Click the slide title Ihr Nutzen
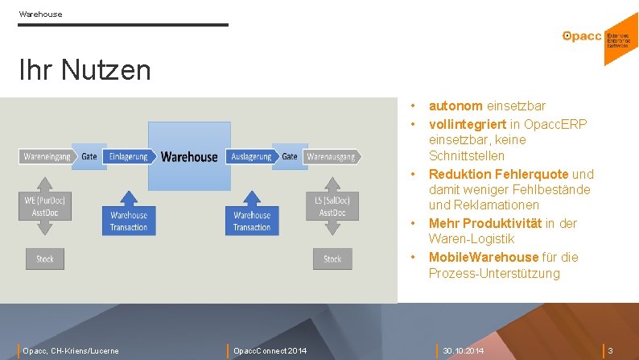pyautogui.click(x=85, y=70)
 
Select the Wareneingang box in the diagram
pyautogui.click(x=46, y=156)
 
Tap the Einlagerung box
pyautogui.click(x=128, y=156)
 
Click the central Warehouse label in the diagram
pyautogui.click(x=189, y=156)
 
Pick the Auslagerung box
pyautogui.click(x=251, y=156)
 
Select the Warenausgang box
pyautogui.click(x=331, y=156)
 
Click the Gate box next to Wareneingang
pyautogui.click(x=89, y=156)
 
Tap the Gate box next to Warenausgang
pyautogui.click(x=290, y=156)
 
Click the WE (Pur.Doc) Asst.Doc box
pyautogui.click(x=45, y=205)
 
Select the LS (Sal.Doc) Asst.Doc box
pyautogui.click(x=332, y=205)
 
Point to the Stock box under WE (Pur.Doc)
pyautogui.click(x=45, y=259)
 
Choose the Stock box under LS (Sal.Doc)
pyautogui.click(x=332, y=259)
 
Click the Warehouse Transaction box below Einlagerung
pyautogui.click(x=129, y=221)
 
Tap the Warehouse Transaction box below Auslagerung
pyautogui.click(x=252, y=221)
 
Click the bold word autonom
pyautogui.click(x=456, y=106)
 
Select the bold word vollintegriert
pyautogui.click(x=468, y=123)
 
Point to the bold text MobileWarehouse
pyautogui.click(x=484, y=257)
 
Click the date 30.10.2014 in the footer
pyautogui.click(x=464, y=350)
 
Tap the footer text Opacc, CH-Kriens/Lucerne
pyautogui.click(x=71, y=350)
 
